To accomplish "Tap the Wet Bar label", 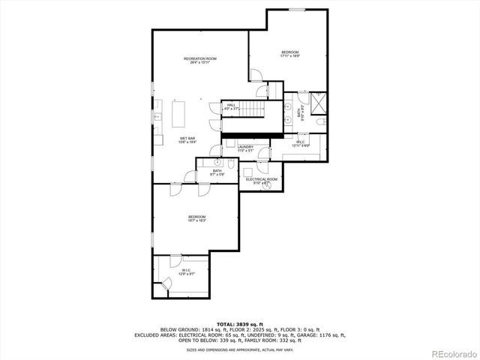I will (x=187, y=139).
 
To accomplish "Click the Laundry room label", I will (x=246, y=148).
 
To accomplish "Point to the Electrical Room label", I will (x=262, y=181).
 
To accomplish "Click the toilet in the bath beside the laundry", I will (x=215, y=162).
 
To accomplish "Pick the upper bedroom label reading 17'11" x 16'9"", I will (x=290, y=54).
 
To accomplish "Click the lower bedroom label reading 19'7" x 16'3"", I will (x=196, y=219).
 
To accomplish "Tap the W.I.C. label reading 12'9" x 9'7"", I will (x=185, y=271).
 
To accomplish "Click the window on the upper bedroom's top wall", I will (x=298, y=9).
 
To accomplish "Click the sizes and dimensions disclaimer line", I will (x=241, y=349).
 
